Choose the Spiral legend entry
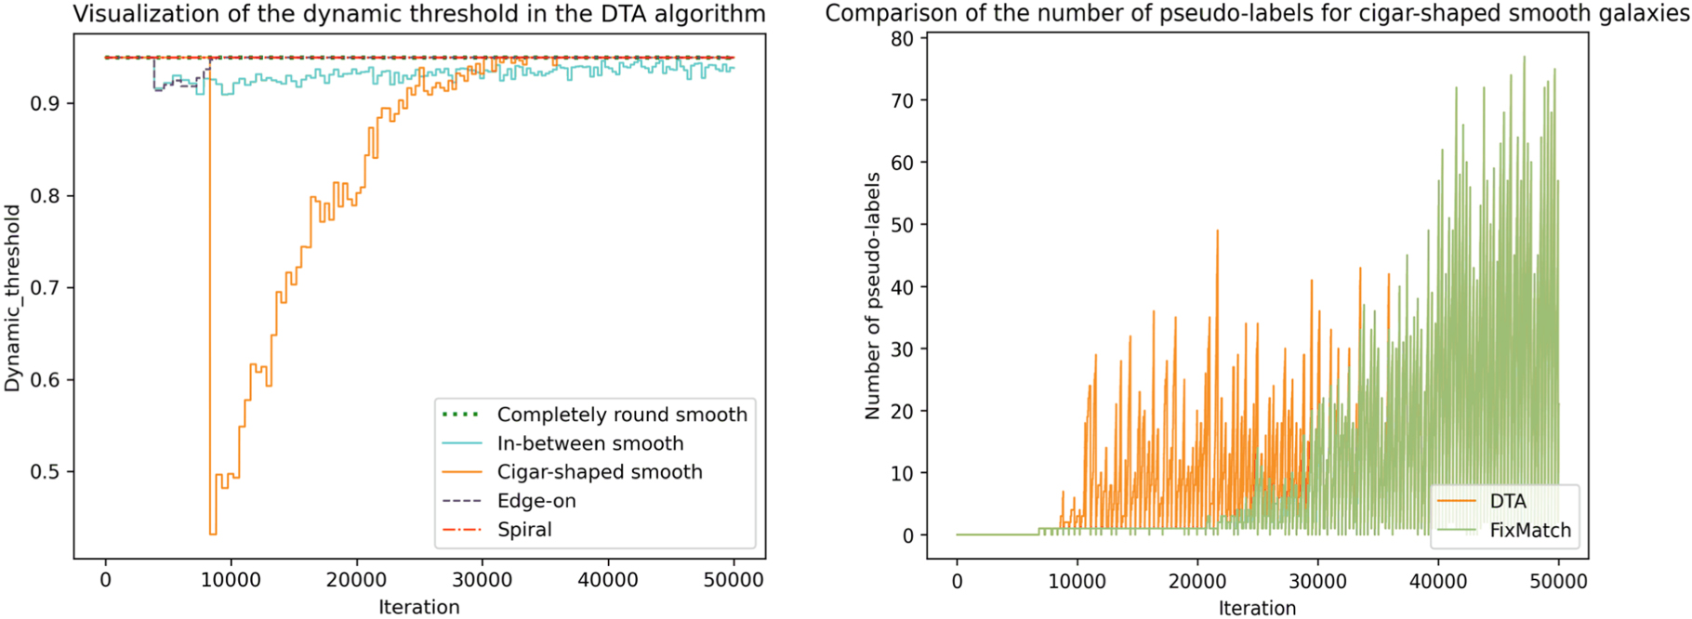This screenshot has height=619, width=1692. (x=497, y=530)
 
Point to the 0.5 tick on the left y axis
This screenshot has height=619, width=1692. (x=49, y=472)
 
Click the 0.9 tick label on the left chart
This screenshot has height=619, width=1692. (x=49, y=103)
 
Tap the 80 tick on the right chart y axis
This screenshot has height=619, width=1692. (x=902, y=38)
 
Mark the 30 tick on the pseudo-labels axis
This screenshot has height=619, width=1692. (x=902, y=349)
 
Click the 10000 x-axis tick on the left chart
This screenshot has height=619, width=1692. (x=231, y=580)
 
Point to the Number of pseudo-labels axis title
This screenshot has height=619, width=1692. (x=872, y=296)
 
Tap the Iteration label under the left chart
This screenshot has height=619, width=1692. (x=419, y=607)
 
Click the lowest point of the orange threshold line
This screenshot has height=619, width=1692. (x=213, y=533)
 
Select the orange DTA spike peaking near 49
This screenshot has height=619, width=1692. (x=1217, y=232)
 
